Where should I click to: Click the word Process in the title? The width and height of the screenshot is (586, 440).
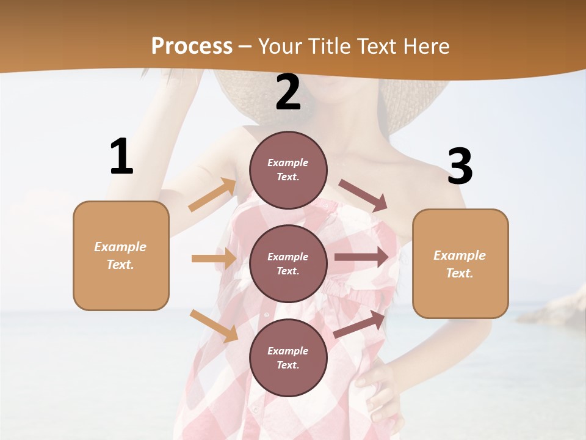point(192,46)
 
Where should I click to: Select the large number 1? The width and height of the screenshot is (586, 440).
point(121,157)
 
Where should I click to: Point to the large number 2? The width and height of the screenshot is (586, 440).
point(288,92)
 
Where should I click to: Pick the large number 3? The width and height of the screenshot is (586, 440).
point(460,166)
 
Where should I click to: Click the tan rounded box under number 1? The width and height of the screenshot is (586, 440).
point(121,255)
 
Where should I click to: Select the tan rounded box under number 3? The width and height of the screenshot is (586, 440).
point(460,263)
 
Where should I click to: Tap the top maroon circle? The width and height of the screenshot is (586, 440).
point(288,170)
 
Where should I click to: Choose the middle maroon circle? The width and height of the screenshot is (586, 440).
point(288,263)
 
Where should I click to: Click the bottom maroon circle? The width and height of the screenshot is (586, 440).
point(288,358)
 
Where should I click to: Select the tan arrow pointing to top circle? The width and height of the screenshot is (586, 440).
point(212,194)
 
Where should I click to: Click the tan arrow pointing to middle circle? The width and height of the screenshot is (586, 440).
point(214,258)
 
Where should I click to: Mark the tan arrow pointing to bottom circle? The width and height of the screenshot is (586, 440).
point(214,325)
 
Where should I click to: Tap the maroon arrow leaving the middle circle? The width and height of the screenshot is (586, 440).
point(361,257)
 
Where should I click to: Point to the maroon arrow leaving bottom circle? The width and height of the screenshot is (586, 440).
point(360,324)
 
